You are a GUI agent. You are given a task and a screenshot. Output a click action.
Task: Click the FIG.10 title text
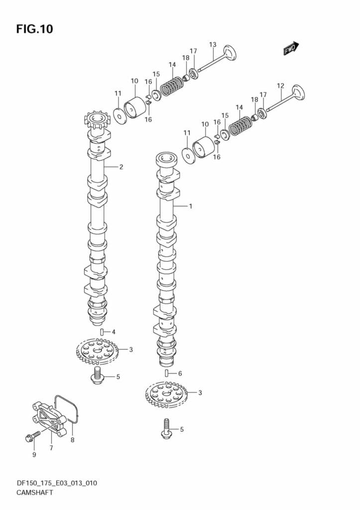point(34,29)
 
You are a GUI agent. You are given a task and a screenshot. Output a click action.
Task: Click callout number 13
point(213,45)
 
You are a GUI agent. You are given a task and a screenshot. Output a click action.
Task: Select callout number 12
point(280,86)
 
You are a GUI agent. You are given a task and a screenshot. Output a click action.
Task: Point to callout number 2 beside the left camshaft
point(121,167)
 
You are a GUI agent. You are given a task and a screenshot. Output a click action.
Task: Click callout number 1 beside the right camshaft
point(190,206)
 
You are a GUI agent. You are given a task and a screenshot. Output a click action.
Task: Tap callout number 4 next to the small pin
point(114,332)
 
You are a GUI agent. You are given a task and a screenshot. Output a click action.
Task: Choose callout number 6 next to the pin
point(180,374)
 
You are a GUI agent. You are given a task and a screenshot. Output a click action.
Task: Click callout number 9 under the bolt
point(34,454)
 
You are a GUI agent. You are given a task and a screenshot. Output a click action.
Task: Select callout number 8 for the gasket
point(72,440)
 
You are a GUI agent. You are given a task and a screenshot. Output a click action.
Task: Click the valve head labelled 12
point(298,94)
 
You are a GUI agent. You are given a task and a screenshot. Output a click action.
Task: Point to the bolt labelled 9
point(31,438)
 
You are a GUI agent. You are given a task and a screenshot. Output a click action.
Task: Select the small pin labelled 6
point(167,373)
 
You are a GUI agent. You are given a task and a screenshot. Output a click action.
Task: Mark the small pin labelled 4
point(102,332)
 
